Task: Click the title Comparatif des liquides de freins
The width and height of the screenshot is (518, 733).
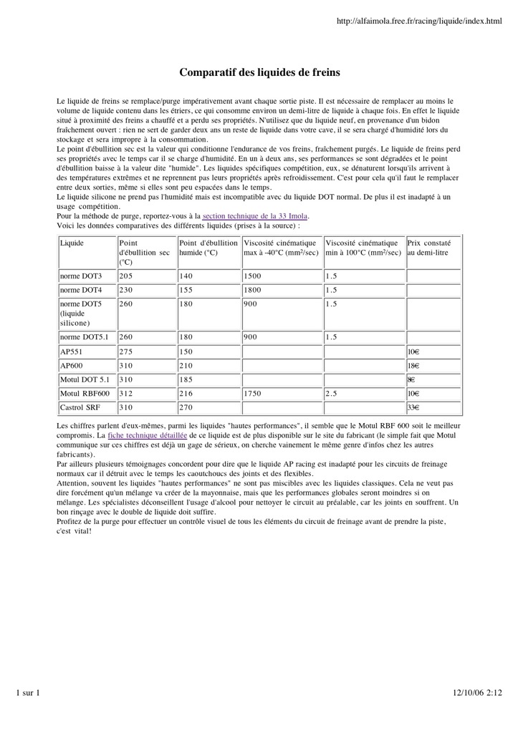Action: click(x=259, y=72)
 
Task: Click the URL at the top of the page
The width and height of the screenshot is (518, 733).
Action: click(x=419, y=23)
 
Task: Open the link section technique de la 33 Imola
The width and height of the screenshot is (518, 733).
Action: click(x=255, y=215)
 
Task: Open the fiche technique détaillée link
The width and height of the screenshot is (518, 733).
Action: click(x=147, y=435)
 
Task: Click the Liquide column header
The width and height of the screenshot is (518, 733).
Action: click(x=72, y=243)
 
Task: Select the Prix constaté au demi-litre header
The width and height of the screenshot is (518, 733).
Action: click(x=429, y=248)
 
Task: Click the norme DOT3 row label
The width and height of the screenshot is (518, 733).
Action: click(x=81, y=276)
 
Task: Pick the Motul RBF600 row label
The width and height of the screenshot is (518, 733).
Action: click(x=85, y=394)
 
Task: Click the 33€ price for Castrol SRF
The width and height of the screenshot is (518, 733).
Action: click(x=413, y=408)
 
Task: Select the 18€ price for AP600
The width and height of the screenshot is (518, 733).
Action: click(x=413, y=365)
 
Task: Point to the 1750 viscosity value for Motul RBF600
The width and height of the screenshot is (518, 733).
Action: click(x=254, y=394)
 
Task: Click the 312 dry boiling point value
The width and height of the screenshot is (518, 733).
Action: click(x=126, y=394)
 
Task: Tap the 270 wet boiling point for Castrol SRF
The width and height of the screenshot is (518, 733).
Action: click(x=187, y=408)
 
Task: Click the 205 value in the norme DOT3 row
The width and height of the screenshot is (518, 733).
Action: click(x=126, y=276)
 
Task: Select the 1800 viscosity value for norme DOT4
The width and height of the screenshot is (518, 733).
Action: click(x=254, y=290)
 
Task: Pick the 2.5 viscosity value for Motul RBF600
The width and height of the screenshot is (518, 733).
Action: click(x=331, y=394)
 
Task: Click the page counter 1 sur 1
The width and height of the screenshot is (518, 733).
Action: click(x=28, y=692)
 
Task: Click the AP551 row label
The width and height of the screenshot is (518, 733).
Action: click(x=72, y=351)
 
